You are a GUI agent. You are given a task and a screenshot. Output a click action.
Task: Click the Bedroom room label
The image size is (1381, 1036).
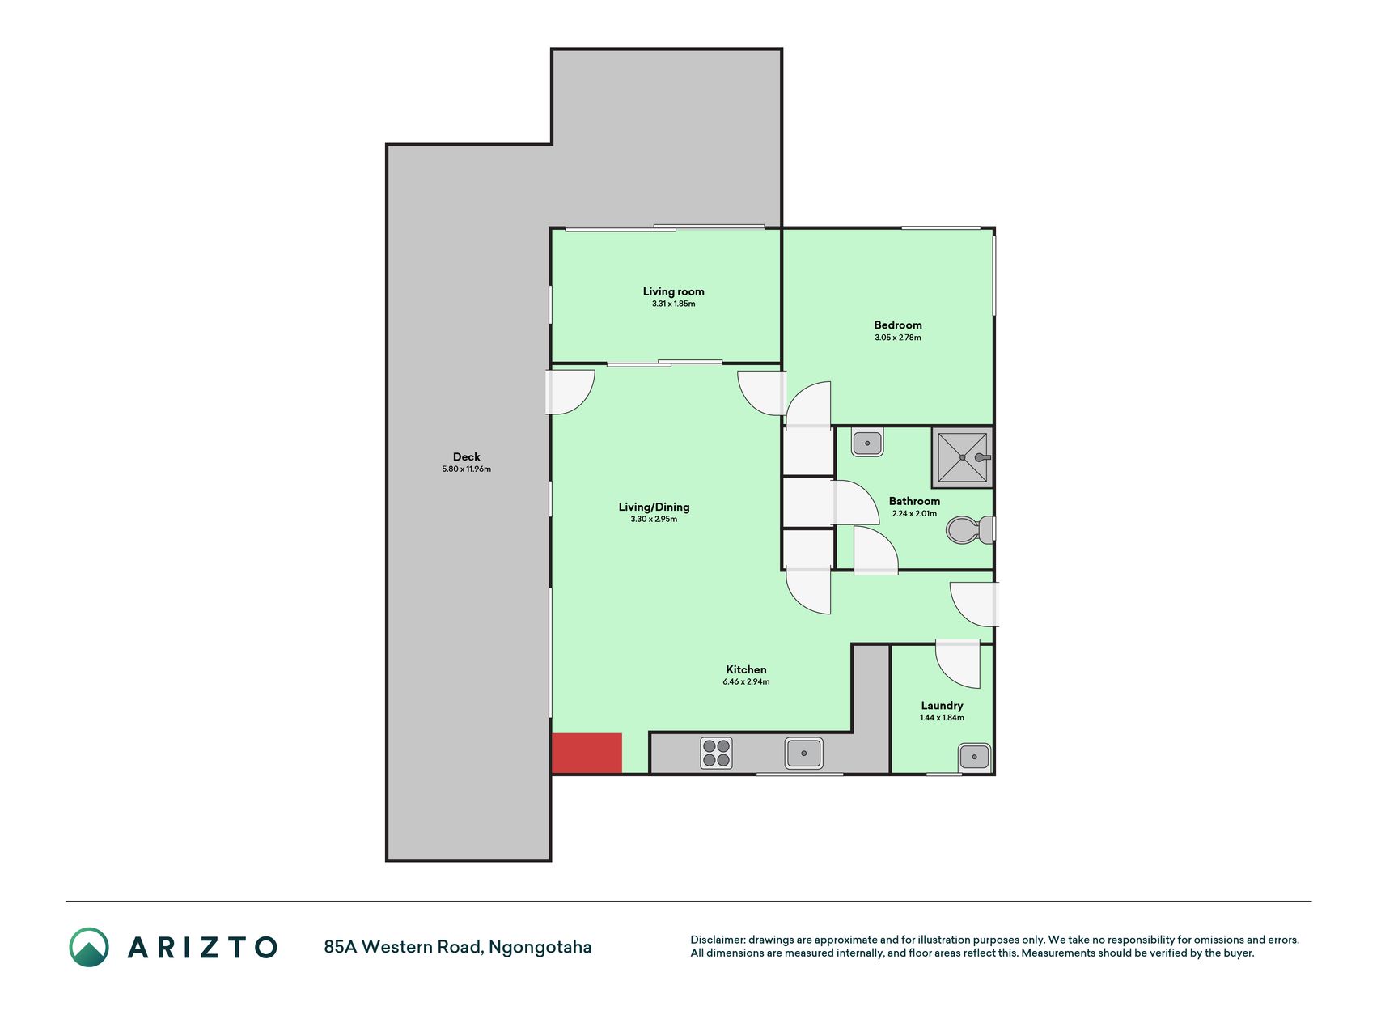click(x=897, y=325)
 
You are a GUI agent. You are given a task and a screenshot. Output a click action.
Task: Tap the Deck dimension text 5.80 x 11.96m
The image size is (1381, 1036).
click(x=466, y=469)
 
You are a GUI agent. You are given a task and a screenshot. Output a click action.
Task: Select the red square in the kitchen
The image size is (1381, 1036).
click(x=587, y=753)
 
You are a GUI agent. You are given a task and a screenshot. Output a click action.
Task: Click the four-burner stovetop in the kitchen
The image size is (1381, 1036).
click(x=716, y=753)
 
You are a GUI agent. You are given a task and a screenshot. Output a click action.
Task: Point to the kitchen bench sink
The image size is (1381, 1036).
click(x=803, y=753)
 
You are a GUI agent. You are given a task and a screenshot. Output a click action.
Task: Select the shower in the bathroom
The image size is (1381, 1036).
click(x=962, y=457)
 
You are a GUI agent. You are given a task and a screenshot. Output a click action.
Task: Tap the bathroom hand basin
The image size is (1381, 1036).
click(x=867, y=443)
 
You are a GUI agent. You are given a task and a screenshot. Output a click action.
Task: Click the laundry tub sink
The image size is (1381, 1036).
click(x=974, y=758)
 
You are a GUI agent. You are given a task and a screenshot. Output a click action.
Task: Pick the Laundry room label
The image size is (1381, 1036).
click(x=942, y=706)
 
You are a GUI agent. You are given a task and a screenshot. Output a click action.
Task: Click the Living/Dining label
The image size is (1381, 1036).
click(x=654, y=507)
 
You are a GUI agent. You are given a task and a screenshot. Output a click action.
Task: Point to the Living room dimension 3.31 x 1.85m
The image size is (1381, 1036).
click(x=673, y=304)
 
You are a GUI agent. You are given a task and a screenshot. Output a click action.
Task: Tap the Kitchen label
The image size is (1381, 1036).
click(x=746, y=670)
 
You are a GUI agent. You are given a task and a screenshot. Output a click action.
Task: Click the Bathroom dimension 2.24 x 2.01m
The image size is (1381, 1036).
click(x=914, y=514)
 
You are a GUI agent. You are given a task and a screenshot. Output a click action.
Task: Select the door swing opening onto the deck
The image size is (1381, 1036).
click(x=570, y=393)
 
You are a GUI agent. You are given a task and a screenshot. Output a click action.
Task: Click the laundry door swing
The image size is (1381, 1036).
click(x=958, y=664)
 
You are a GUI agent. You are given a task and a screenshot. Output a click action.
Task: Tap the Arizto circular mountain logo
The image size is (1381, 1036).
click(x=89, y=947)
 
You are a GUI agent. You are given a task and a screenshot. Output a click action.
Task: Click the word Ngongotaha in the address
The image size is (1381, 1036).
click(x=540, y=947)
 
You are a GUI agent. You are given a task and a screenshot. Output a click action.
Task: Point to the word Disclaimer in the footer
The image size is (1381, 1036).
click(x=717, y=940)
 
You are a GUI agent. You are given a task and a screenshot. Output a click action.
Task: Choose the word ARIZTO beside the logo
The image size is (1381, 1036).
click(x=202, y=948)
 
